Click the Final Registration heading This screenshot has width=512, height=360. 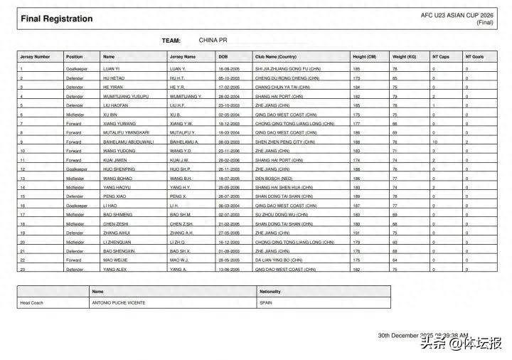(57, 19)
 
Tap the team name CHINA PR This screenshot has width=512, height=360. (213, 41)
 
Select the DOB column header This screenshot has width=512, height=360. (223, 56)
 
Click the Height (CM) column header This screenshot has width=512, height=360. (364, 56)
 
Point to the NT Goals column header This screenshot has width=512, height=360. (474, 56)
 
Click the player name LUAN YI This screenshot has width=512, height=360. (112, 69)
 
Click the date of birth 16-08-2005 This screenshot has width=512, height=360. (230, 69)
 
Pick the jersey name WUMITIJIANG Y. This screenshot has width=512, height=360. (186, 96)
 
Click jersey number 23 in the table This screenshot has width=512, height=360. (23, 269)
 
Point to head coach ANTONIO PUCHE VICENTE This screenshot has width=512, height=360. (118, 302)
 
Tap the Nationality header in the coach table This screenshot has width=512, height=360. (270, 291)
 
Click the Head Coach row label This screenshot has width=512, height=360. (31, 302)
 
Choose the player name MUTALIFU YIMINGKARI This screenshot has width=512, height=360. (125, 132)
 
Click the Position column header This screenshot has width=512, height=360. (75, 56)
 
